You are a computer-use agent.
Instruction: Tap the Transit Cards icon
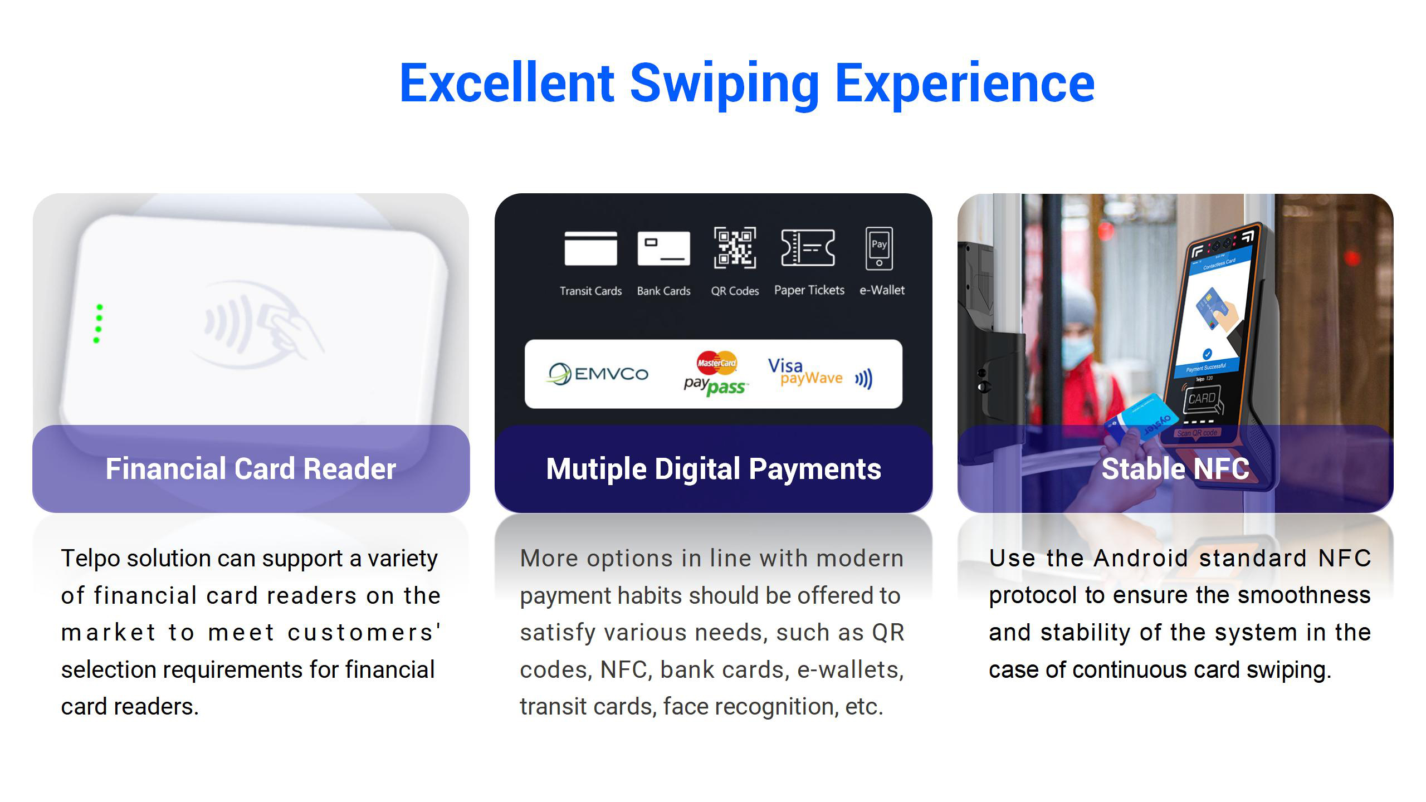tap(590, 248)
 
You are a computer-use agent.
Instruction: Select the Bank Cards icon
tap(663, 248)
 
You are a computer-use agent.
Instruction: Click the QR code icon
tap(735, 247)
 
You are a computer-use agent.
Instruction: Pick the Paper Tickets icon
tap(808, 247)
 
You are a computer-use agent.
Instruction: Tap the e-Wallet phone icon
tap(879, 248)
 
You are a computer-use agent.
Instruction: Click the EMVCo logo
tap(598, 374)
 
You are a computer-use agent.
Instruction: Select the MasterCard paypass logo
tap(716, 374)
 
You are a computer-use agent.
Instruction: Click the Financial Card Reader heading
tap(251, 469)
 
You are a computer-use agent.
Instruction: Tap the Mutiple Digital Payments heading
tap(714, 469)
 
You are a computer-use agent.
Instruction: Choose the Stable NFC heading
tap(1175, 469)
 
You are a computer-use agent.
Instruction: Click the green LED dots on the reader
tap(98, 324)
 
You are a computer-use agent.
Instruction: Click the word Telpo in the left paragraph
tap(90, 559)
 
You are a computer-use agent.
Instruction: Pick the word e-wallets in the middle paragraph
tap(850, 670)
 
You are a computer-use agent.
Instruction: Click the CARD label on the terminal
tap(1202, 399)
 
